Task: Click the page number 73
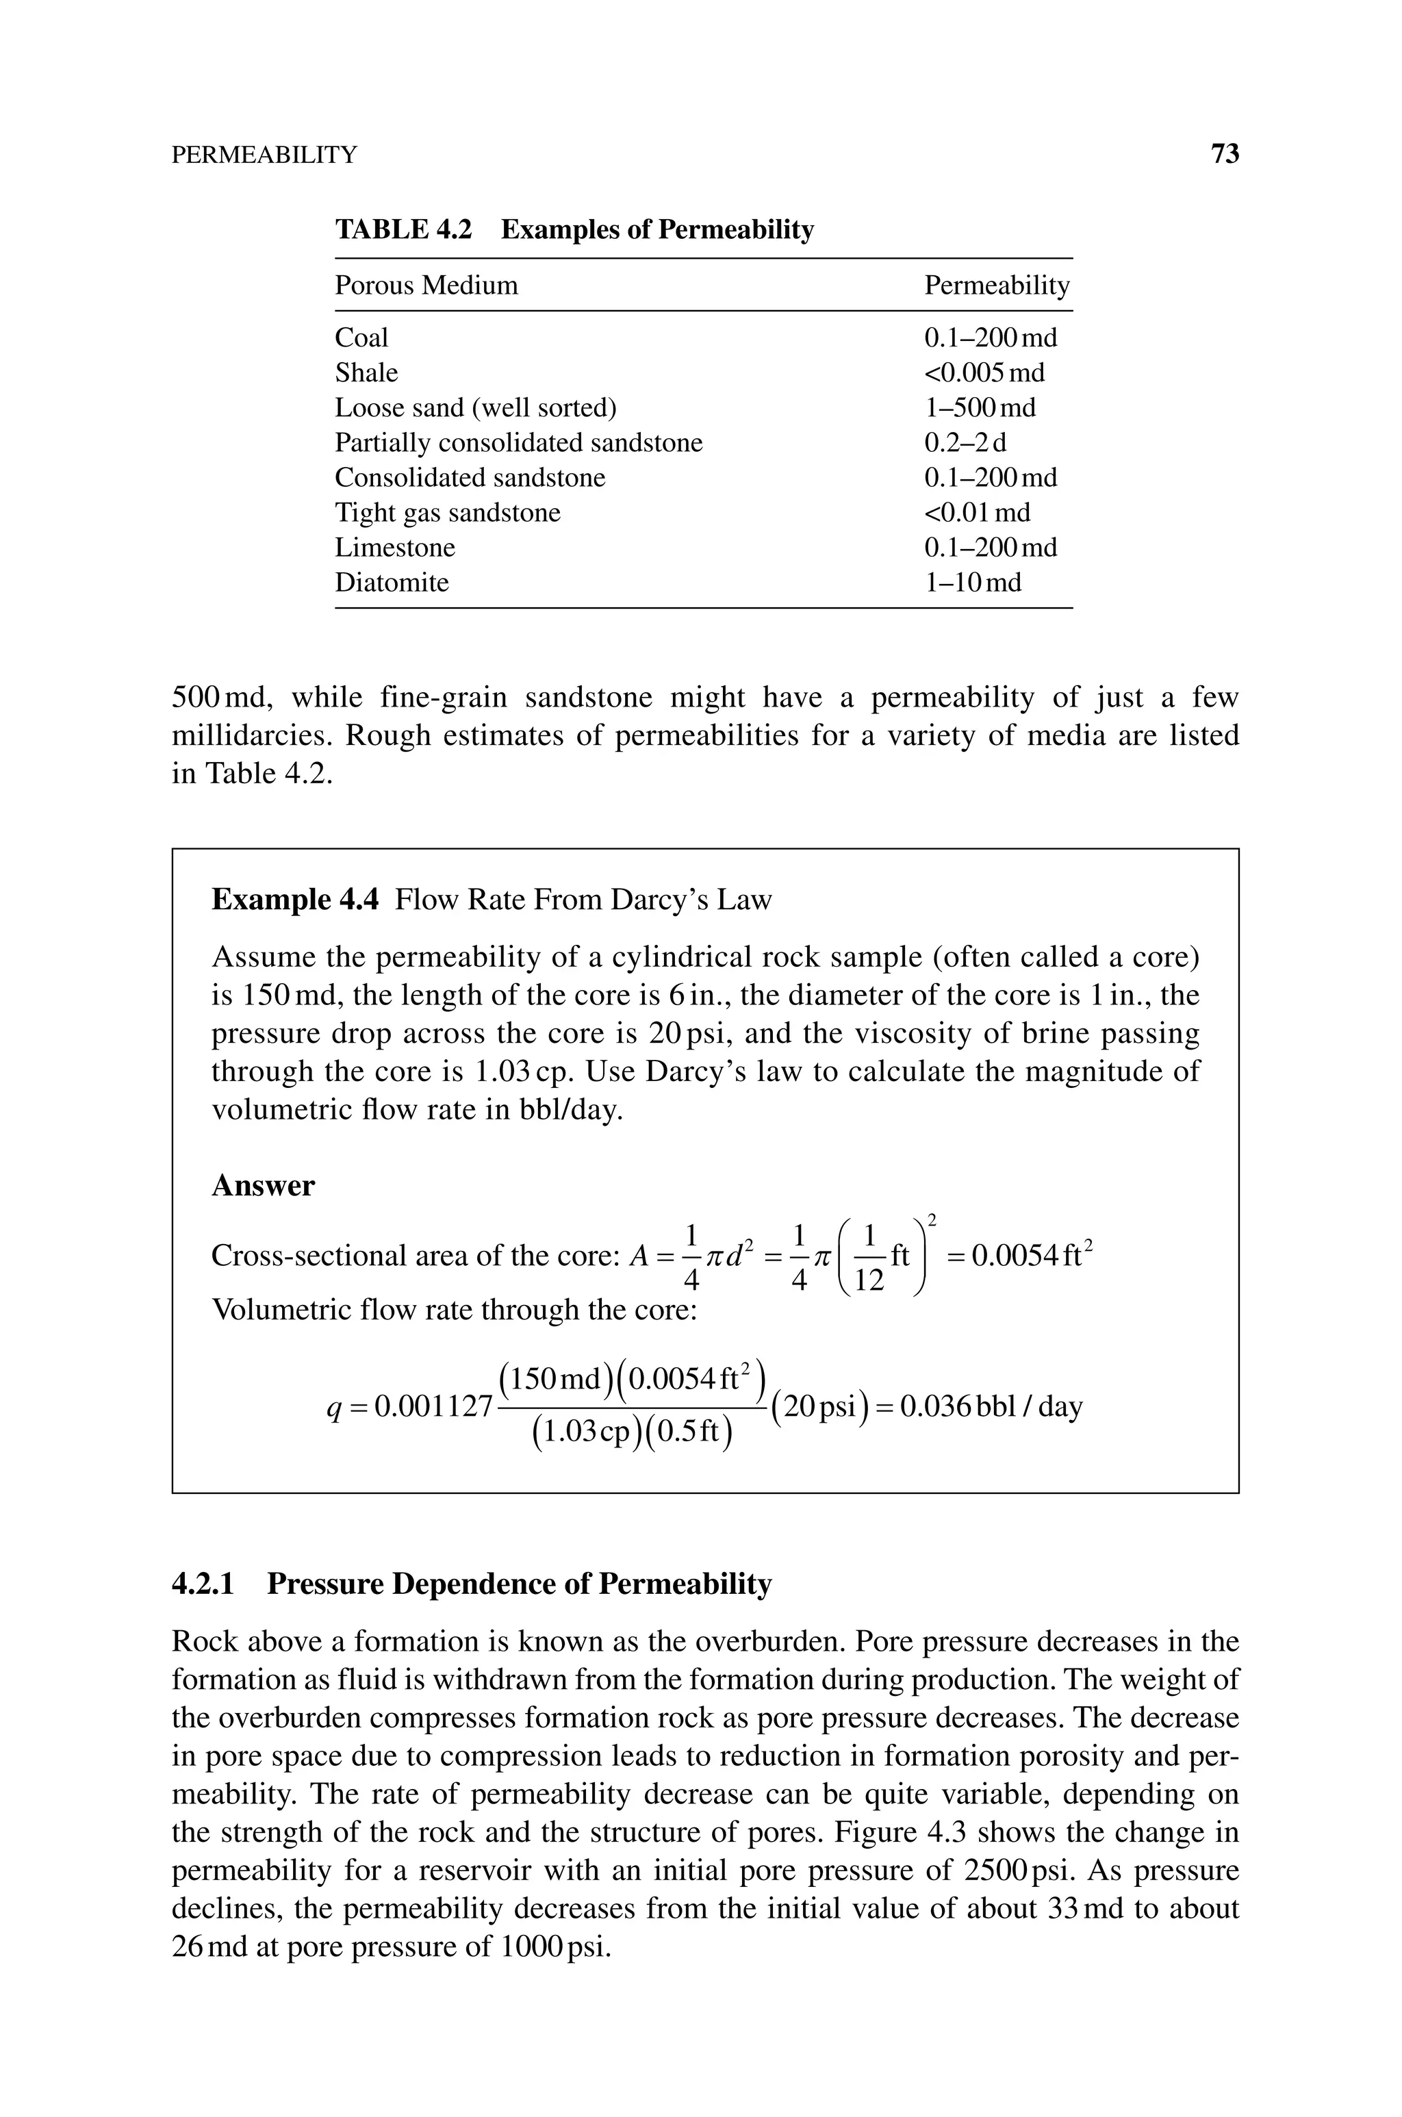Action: pyautogui.click(x=1224, y=154)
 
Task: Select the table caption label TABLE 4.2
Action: pyautogui.click(x=403, y=230)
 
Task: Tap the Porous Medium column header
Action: pyautogui.click(x=426, y=286)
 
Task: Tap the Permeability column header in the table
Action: pyautogui.click(x=996, y=286)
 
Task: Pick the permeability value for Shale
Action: pyautogui.click(x=984, y=372)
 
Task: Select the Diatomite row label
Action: pyautogui.click(x=392, y=582)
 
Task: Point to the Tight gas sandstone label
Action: pyautogui.click(x=447, y=512)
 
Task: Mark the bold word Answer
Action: pyautogui.click(x=263, y=1185)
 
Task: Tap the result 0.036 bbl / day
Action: pyautogui.click(x=991, y=1407)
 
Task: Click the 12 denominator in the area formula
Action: pyautogui.click(x=868, y=1281)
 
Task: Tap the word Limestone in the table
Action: pyautogui.click(x=394, y=547)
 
